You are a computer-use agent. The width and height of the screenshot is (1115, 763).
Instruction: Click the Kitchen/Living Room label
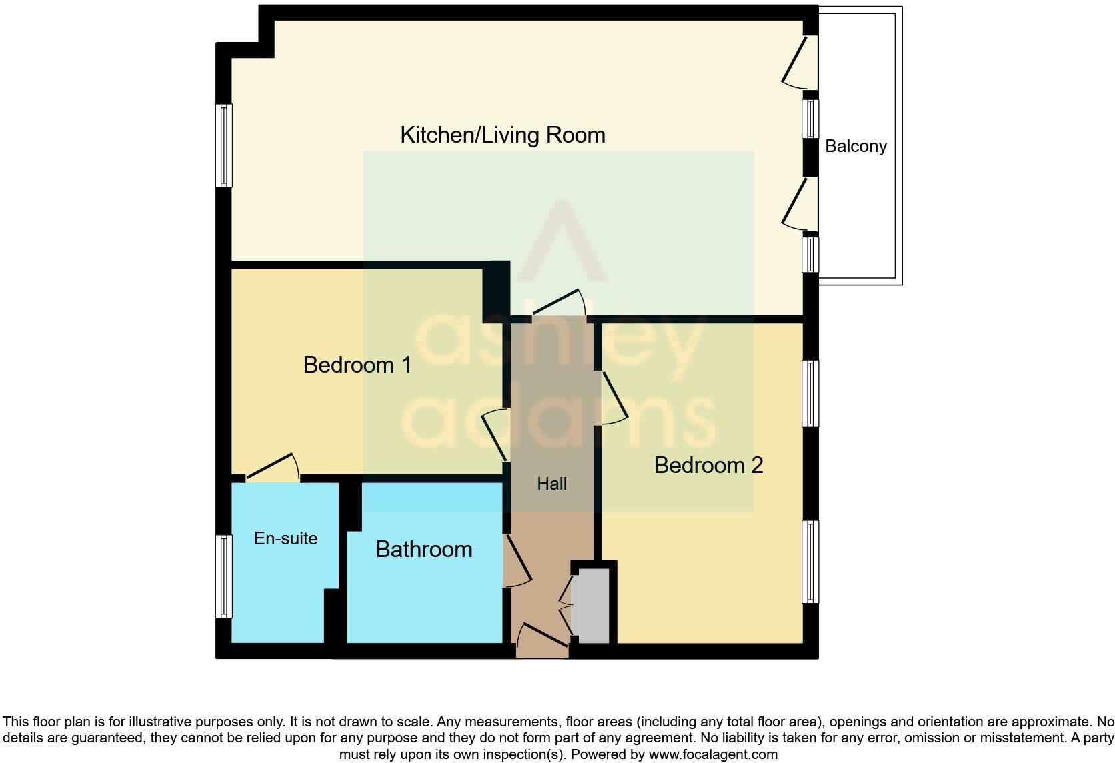(502, 135)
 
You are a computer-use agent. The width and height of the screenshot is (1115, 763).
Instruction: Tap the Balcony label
(856, 147)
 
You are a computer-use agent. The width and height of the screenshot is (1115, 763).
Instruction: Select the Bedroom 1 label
(357, 365)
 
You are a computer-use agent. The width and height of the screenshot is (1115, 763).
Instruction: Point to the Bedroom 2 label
(708, 465)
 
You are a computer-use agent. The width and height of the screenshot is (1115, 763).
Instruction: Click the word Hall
(551, 484)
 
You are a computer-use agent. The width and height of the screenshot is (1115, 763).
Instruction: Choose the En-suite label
(285, 538)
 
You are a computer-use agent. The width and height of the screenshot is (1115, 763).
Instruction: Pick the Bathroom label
(424, 549)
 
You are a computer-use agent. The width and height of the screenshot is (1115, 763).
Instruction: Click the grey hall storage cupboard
(592, 606)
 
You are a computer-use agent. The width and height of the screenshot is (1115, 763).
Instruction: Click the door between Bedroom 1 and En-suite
(272, 468)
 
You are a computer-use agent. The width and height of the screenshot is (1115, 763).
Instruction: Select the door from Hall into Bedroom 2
(614, 398)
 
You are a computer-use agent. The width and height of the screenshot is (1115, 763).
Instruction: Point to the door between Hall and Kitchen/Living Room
(559, 303)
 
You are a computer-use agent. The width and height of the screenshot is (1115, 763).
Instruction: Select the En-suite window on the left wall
(224, 576)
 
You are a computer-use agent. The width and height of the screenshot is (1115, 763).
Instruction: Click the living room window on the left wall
(224, 145)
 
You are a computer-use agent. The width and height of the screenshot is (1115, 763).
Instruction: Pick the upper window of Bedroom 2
(810, 394)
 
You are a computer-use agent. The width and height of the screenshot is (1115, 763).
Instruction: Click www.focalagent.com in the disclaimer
(712, 754)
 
